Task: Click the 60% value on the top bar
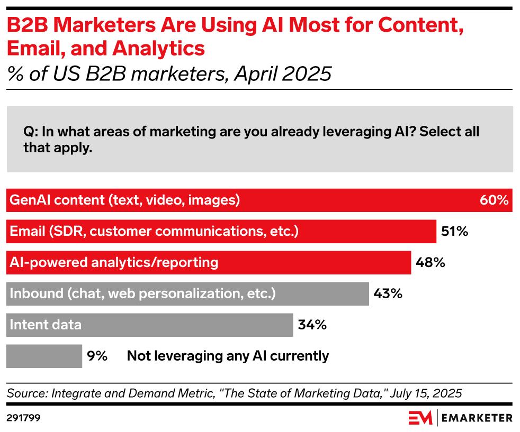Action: [x=495, y=200]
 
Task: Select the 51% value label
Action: [x=454, y=231]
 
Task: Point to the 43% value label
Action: [x=388, y=293]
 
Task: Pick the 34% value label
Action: [x=312, y=325]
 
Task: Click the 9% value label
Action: [x=97, y=356]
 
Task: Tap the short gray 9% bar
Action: [x=44, y=356]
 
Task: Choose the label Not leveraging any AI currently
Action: [x=228, y=356]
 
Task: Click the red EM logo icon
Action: [x=420, y=418]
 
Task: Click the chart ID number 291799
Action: [x=24, y=418]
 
